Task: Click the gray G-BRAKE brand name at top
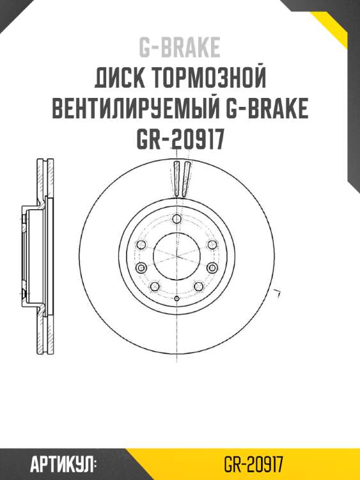tap(180, 47)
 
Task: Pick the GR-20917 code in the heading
tap(180, 139)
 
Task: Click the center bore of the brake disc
tap(176, 256)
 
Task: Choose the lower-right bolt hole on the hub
tap(198, 286)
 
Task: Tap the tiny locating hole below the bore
tap(176, 298)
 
